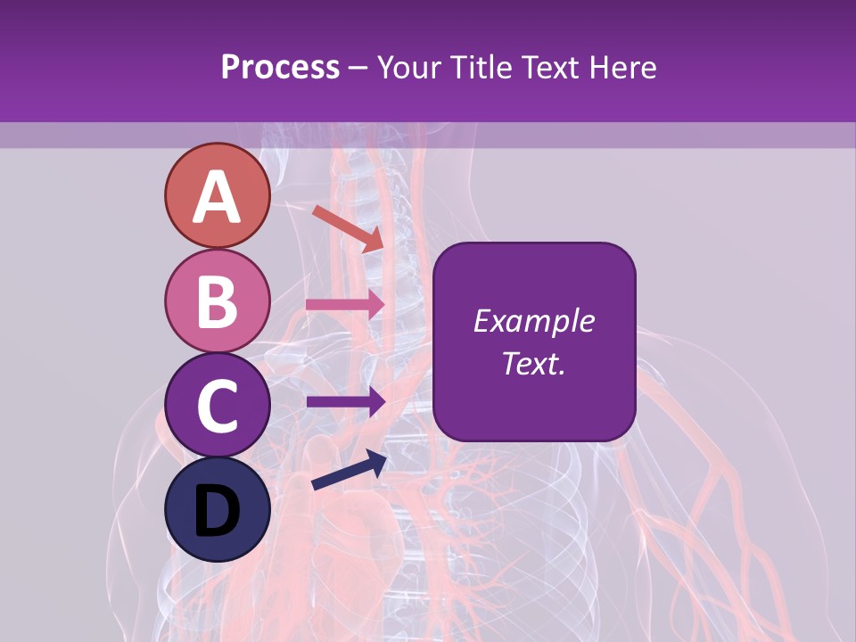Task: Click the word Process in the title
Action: click(x=280, y=68)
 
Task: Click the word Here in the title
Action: click(x=629, y=68)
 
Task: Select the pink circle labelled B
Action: click(x=218, y=301)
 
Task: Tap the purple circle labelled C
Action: click(x=218, y=405)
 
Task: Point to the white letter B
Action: click(x=218, y=301)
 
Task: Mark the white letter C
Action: click(x=218, y=406)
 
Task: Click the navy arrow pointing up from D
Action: click(x=349, y=471)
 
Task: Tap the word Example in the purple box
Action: click(x=533, y=321)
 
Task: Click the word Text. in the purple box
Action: click(x=533, y=363)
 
